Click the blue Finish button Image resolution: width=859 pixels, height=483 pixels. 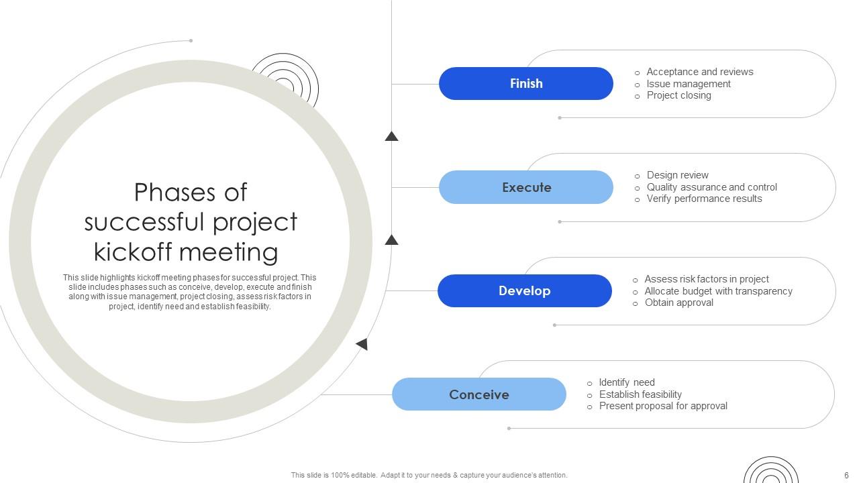[525, 84]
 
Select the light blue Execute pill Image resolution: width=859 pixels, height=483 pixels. [525, 187]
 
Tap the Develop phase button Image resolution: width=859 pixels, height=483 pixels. [524, 290]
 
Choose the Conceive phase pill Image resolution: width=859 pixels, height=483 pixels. [478, 394]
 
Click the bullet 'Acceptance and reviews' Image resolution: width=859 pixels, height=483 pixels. [699, 72]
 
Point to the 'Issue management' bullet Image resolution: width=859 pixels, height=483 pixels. [689, 84]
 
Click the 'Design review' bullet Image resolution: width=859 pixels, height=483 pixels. [677, 175]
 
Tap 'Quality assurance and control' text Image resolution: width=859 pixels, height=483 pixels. [711, 187]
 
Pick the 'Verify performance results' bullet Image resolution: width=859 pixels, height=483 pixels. [704, 199]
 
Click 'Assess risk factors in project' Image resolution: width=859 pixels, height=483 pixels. [707, 279]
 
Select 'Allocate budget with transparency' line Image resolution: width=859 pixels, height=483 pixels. [718, 291]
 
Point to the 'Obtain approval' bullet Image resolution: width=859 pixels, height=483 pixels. [678, 303]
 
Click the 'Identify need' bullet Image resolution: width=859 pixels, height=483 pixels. [627, 382]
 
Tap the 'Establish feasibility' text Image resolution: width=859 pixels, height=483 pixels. [640, 394]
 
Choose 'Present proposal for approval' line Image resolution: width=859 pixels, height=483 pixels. [663, 406]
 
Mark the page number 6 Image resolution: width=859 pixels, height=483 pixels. [846, 475]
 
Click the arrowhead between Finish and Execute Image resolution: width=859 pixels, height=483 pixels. [391, 136]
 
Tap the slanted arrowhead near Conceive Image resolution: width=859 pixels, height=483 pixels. [362, 344]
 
